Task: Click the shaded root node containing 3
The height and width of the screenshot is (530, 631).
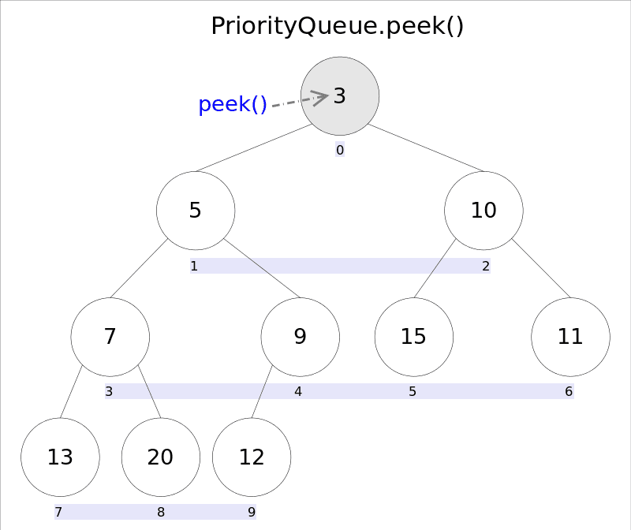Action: pyautogui.click(x=340, y=95)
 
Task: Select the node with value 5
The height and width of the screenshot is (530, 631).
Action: pyautogui.click(x=196, y=211)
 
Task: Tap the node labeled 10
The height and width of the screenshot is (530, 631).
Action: pyautogui.click(x=484, y=211)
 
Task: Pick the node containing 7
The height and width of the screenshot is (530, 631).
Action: pyautogui.click(x=110, y=337)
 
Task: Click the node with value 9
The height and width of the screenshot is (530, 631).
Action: pyautogui.click(x=301, y=337)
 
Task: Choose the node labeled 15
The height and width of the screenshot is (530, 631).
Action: pyautogui.click(x=414, y=337)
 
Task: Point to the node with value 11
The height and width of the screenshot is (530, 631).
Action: pyautogui.click(x=570, y=337)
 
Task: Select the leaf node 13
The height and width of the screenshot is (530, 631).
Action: pyautogui.click(x=61, y=457)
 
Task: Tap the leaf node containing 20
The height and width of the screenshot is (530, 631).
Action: pyautogui.click(x=161, y=457)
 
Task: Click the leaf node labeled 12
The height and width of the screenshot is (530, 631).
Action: pyautogui.click(x=252, y=457)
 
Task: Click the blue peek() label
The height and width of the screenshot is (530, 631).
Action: pyautogui.click(x=233, y=104)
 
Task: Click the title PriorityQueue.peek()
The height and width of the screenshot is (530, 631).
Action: pyautogui.click(x=338, y=26)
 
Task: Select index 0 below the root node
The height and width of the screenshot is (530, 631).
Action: pyautogui.click(x=340, y=150)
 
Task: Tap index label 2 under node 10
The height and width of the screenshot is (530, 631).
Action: pyautogui.click(x=486, y=267)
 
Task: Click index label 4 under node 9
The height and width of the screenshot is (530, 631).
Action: pyautogui.click(x=298, y=391)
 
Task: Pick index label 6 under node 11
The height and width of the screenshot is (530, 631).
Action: pyautogui.click(x=569, y=391)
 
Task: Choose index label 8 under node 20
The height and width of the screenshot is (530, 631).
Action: pyautogui.click(x=161, y=512)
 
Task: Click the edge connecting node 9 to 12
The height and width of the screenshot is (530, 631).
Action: pyautogui.click(x=262, y=392)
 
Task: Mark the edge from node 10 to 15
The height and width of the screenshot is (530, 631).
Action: pyautogui.click(x=435, y=268)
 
